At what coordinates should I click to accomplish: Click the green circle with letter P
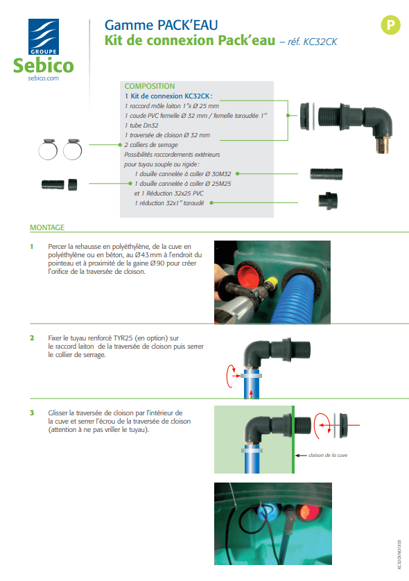[x=390, y=25]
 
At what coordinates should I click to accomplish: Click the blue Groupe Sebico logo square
[x=44, y=37]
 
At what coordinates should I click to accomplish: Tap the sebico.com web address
[x=44, y=78]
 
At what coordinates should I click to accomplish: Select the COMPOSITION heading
[x=150, y=86]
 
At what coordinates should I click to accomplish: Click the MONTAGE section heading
[x=47, y=227]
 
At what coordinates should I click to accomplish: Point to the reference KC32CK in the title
[x=320, y=42]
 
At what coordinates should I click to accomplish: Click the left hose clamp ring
[x=48, y=150]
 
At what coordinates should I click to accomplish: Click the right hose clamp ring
[x=73, y=150]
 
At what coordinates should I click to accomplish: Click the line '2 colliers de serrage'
[x=151, y=145]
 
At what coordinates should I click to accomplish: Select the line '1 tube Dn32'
[x=141, y=125]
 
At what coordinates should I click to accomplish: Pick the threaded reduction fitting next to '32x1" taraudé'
[x=328, y=201]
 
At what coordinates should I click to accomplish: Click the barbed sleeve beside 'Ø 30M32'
[x=327, y=174]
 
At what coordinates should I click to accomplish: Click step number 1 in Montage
[x=32, y=246]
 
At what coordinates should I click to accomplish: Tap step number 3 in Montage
[x=32, y=413]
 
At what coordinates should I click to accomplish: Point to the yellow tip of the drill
[x=272, y=282]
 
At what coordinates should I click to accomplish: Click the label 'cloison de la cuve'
[x=328, y=455]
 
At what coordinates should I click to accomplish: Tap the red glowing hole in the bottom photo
[x=308, y=513]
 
